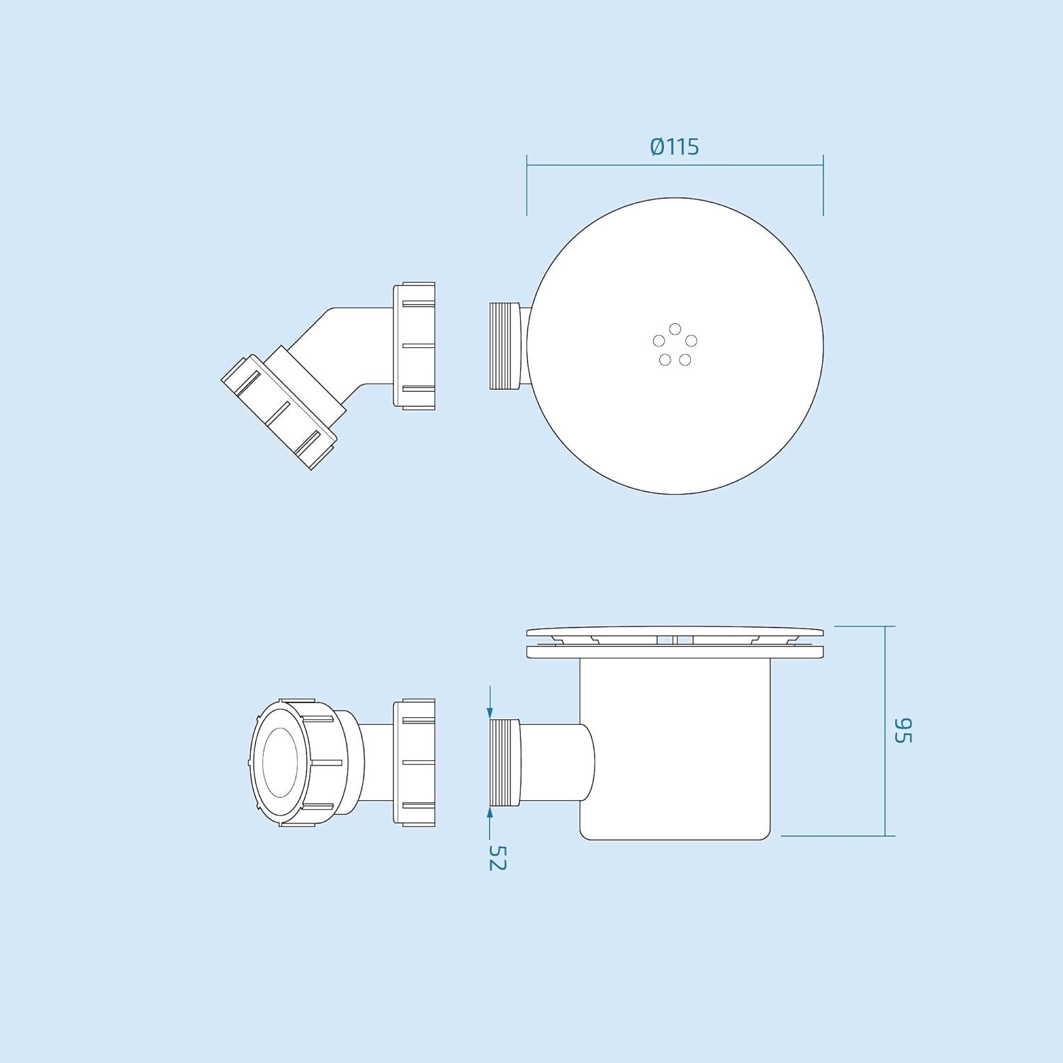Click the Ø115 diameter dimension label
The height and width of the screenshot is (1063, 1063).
pos(674,147)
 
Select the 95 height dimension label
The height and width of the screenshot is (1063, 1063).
pos(902,730)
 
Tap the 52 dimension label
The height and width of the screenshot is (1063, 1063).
pos(497,857)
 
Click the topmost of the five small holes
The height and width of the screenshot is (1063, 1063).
pos(675,329)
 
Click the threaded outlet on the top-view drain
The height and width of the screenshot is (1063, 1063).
pos(505,346)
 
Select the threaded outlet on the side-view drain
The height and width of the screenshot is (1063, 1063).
pos(505,762)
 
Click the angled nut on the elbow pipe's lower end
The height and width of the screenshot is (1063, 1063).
pos(279,412)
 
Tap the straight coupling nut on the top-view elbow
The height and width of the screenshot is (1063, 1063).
pos(415,346)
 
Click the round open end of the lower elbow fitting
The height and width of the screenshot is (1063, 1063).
pos(280,762)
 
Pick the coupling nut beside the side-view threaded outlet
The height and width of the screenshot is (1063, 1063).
pos(415,762)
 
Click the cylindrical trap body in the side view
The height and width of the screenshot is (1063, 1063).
pos(675,751)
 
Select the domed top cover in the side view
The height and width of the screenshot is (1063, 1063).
pos(675,630)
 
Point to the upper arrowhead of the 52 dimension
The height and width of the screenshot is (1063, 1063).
pos(490,713)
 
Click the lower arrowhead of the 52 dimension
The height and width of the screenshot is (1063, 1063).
pos(490,812)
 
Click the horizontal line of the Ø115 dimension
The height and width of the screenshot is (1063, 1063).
pos(602,165)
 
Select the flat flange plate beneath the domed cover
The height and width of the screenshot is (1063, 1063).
pos(675,652)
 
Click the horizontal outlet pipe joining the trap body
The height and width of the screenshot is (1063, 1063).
pos(553,762)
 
